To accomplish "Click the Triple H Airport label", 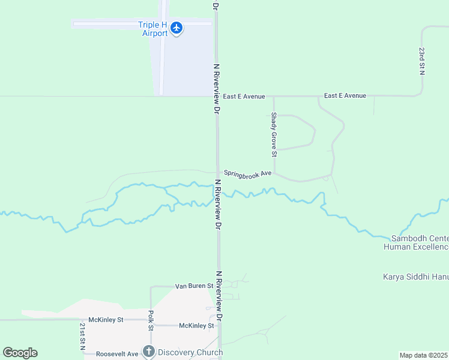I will click(152, 29).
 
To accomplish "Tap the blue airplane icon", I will click(176, 28).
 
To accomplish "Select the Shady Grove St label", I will click(274, 134).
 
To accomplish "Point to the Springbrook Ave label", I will click(248, 173).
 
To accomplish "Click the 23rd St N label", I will click(422, 61).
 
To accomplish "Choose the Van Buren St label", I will click(194, 286).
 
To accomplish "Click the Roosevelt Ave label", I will click(118, 354).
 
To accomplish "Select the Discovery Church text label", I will click(189, 352).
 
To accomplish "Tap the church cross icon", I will click(148, 352).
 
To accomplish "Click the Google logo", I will click(20, 353).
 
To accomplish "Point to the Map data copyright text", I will click(424, 355).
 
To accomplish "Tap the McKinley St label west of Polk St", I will click(106, 320).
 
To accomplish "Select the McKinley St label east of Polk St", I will click(196, 326).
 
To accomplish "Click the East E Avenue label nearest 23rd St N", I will click(345, 95).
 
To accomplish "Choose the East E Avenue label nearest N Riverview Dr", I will click(244, 96).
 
